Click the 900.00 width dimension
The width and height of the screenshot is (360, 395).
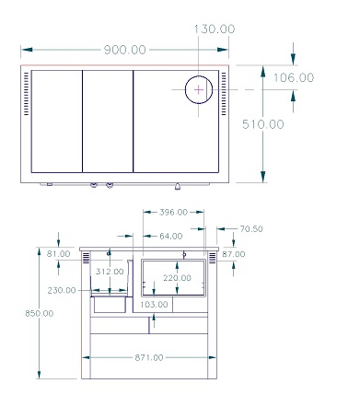[125, 50]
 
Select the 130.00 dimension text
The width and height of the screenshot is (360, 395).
[215, 29]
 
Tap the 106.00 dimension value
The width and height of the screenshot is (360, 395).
[294, 77]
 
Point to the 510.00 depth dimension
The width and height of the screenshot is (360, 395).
[263, 124]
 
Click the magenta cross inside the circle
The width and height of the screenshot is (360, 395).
[199, 90]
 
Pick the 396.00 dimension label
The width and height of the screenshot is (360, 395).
[173, 212]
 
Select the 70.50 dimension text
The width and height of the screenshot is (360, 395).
[251, 229]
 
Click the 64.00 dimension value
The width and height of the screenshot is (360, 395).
[171, 236]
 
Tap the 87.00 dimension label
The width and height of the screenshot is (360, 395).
[234, 254]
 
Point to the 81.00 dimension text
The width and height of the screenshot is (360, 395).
[59, 254]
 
